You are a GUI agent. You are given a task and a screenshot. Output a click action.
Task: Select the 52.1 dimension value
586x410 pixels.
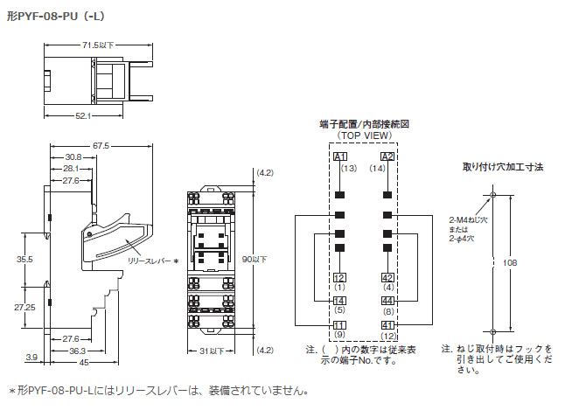coord(84,115)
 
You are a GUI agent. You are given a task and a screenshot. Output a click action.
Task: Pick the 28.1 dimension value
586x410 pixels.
coord(71,168)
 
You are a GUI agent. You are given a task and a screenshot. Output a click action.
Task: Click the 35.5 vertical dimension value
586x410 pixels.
coord(24,261)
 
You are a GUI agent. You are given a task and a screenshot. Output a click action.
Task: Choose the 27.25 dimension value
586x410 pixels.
coord(24,309)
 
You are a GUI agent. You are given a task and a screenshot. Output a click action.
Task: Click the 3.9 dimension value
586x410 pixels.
coord(31,358)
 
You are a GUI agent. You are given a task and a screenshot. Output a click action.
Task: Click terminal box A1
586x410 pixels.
coord(340,156)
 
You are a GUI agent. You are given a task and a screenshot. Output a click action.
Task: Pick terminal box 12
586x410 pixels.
coord(339,277)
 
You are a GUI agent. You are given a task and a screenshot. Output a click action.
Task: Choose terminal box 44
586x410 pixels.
coord(388,301)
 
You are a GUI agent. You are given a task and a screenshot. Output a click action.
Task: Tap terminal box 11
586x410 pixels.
coord(339,325)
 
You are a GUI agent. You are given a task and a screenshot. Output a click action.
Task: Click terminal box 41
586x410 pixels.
coord(388,325)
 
